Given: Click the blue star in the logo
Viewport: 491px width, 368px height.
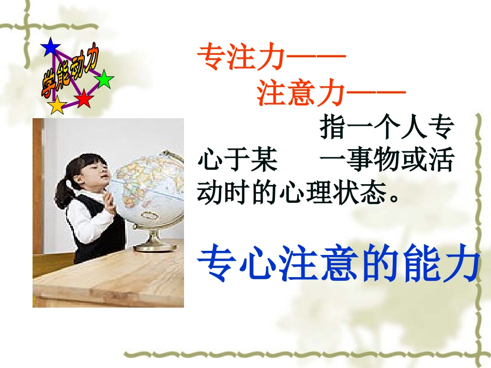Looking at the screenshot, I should (x=51, y=47).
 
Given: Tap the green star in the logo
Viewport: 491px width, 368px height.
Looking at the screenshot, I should (x=104, y=79).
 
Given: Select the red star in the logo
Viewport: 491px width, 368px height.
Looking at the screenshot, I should (x=83, y=98).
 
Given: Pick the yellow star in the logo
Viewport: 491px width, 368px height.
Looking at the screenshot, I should (x=56, y=105).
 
